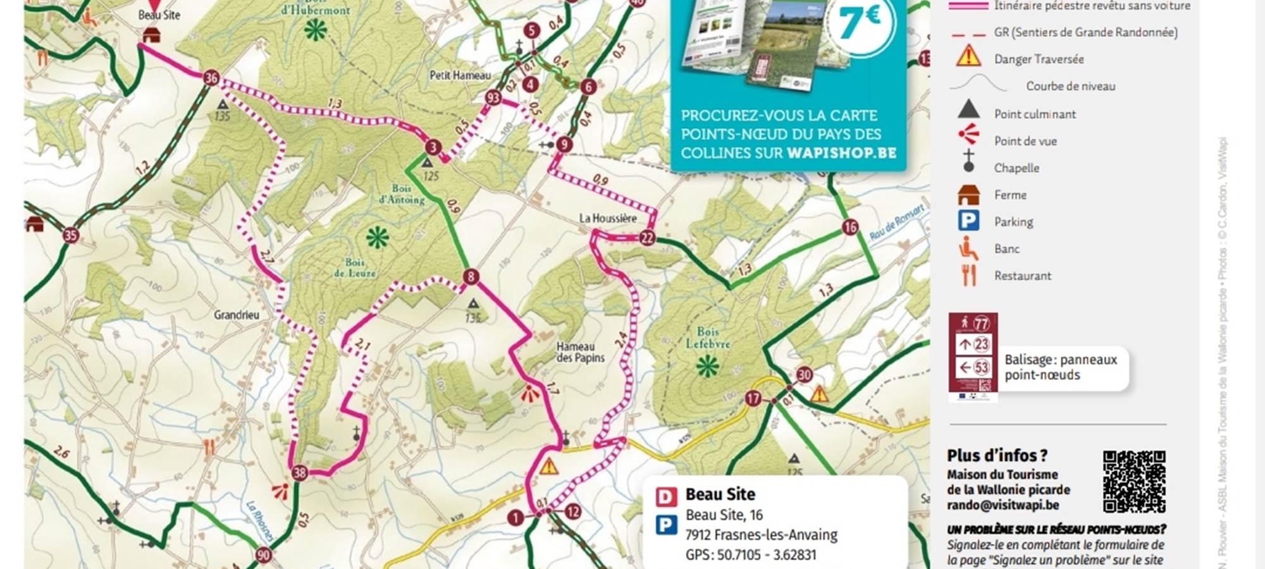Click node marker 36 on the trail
[211, 78]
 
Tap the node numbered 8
[471, 276]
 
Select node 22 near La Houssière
[646, 238]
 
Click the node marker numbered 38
[299, 472]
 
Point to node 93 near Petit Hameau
[493, 97]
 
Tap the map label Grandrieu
[236, 314]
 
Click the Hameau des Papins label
[580, 352]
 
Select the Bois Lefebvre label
[708, 338]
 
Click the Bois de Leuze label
[354, 267]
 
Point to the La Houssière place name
[608, 218]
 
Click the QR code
[1134, 482]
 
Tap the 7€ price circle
[860, 22]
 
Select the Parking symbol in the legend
[968, 221]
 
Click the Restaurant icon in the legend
[968, 275]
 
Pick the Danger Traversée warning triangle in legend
[968, 58]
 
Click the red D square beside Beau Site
[665, 496]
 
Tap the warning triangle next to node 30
[820, 395]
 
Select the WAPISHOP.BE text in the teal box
[841, 153]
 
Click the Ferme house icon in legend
[968, 195]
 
